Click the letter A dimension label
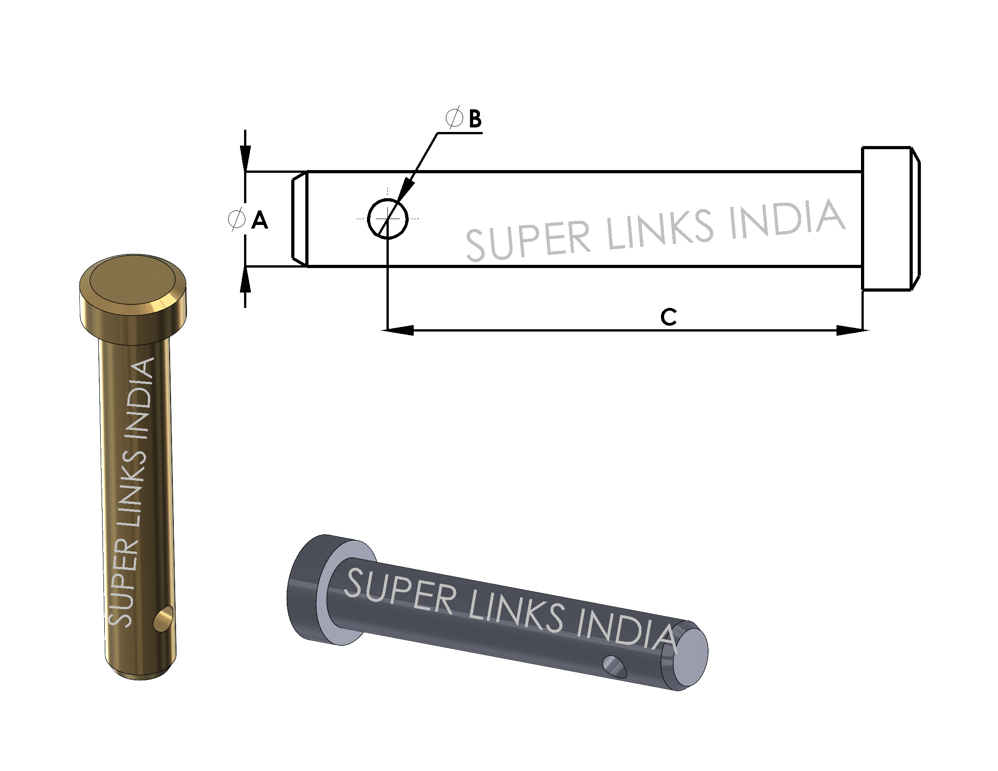click(x=259, y=220)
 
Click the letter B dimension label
click(x=475, y=119)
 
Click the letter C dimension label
click(x=668, y=317)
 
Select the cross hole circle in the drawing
click(x=387, y=218)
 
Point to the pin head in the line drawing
click(x=889, y=218)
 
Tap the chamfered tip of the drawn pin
click(x=299, y=218)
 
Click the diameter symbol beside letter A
click(x=236, y=219)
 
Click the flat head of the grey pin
click(x=306, y=589)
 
